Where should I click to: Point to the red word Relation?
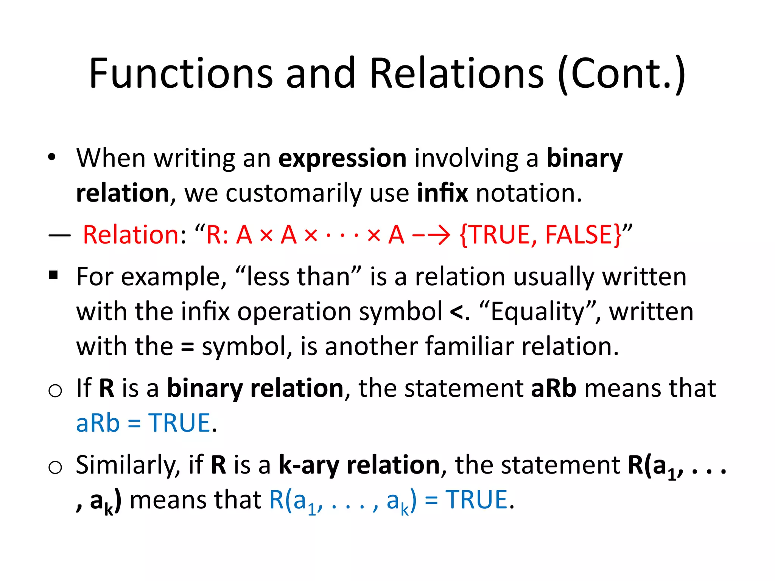[x=131, y=235]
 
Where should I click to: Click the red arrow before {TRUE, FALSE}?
[x=431, y=235]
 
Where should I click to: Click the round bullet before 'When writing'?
[x=52, y=157]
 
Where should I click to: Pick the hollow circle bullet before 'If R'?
[x=55, y=390]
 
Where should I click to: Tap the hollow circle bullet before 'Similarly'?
[x=55, y=467]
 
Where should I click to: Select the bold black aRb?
[x=554, y=388]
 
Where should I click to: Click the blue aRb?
[x=98, y=423]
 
